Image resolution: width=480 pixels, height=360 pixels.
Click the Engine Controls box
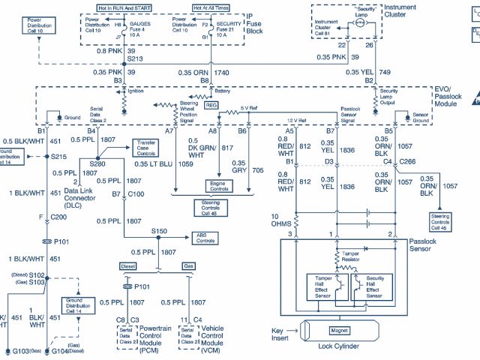220,184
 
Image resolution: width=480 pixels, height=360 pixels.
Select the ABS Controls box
205,238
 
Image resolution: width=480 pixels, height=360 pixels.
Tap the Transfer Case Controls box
145,147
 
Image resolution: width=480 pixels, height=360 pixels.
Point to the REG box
211,106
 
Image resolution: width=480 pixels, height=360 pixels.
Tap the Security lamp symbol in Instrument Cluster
358,23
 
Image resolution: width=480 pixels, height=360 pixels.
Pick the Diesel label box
127,265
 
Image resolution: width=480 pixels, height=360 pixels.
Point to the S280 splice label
97,163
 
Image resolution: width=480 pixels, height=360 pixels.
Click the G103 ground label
18,350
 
